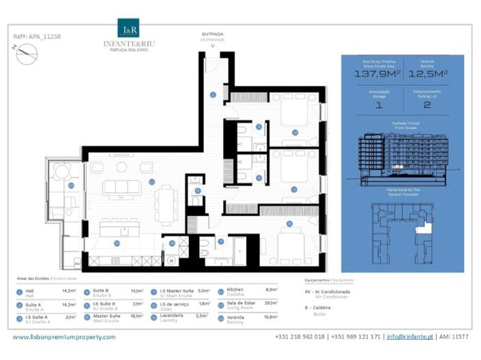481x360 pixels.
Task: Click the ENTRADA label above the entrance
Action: coord(212,34)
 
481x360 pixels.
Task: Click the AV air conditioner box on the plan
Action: coord(78,262)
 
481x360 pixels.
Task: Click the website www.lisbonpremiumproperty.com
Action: coord(64,336)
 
